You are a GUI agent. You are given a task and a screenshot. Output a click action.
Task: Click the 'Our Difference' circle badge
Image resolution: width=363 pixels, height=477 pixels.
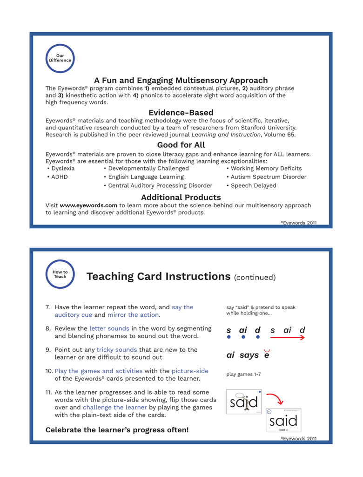coord(60,59)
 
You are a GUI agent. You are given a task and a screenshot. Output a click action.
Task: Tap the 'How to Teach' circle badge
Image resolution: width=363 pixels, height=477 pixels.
coord(60,274)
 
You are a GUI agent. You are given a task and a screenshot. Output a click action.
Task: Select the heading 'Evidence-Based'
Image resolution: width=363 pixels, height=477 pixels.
coord(181,113)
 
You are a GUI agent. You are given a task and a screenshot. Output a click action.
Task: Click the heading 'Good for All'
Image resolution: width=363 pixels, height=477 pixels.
coord(181,145)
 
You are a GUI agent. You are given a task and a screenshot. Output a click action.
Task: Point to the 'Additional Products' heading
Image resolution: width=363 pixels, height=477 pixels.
coord(181,198)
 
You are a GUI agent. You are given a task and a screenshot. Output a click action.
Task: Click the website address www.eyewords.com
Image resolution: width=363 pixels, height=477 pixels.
coord(88,205)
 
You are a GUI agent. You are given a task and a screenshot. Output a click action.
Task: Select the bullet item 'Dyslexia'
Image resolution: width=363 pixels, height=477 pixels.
coord(62,169)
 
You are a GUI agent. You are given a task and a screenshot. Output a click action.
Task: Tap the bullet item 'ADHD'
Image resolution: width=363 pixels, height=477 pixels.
coord(59,177)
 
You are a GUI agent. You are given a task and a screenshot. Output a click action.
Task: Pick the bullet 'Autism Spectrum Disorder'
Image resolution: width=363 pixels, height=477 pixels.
coord(268,177)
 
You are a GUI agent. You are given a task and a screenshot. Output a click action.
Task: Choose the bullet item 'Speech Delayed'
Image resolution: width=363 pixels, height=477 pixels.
coord(253,185)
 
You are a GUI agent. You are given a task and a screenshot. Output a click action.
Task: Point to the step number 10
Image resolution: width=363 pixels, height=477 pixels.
coord(49,371)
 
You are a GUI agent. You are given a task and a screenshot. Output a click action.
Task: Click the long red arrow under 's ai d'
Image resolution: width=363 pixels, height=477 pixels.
coord(287,337)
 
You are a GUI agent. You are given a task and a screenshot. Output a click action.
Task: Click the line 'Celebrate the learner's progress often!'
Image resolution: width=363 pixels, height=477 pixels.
coord(117,429)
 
